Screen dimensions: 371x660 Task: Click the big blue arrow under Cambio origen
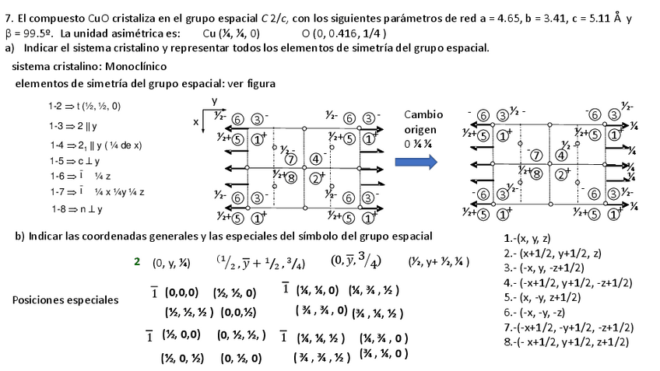tap(415, 163)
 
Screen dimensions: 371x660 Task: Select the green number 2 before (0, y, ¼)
tap(137, 262)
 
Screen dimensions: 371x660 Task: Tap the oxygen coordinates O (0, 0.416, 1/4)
tap(344, 34)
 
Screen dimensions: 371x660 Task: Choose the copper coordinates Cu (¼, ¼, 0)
tap(231, 34)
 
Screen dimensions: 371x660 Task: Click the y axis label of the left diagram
tap(215, 101)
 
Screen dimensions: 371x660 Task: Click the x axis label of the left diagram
tap(195, 122)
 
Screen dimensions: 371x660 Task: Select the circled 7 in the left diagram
tap(291, 159)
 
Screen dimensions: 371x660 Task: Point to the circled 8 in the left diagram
tap(290, 177)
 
